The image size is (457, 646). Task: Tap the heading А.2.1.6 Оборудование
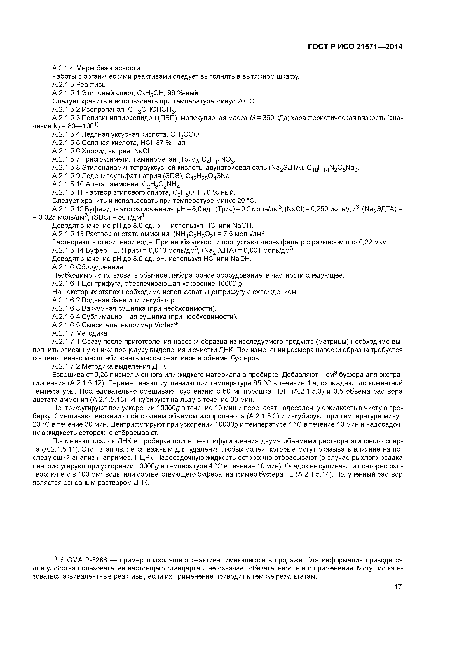pyautogui.click(x=88, y=267)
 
